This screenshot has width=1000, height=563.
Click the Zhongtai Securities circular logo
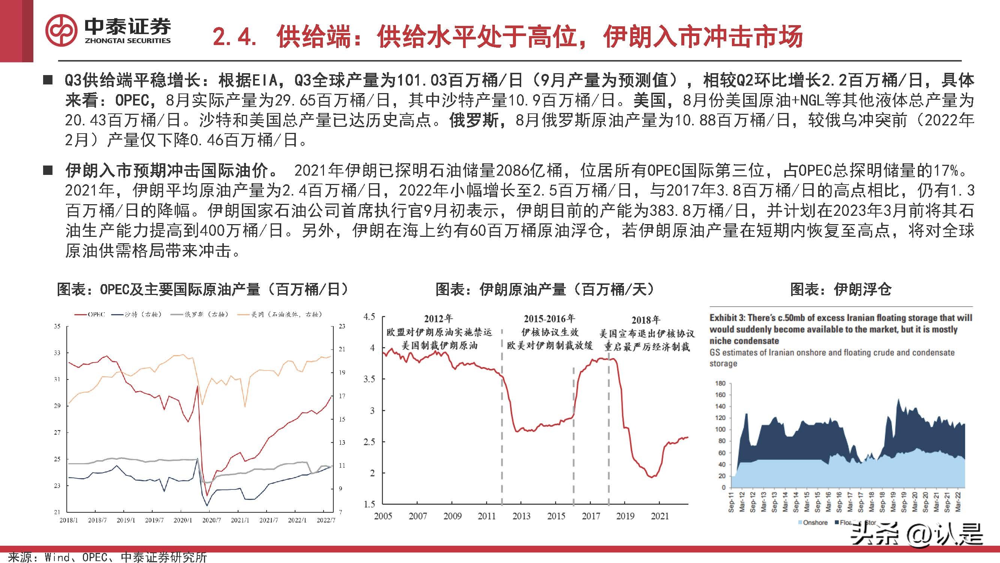point(62,31)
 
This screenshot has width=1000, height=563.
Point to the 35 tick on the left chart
point(57,327)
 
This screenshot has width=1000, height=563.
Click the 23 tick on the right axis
point(342,327)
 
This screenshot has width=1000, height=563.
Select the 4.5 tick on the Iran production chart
point(369,317)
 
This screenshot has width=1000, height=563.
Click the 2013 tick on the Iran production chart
point(521,516)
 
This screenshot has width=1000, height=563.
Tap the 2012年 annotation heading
point(438,319)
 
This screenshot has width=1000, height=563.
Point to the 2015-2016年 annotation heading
point(549,319)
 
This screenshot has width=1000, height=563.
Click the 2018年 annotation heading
point(646,320)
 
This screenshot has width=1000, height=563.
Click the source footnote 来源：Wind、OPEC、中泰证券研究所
point(108,557)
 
